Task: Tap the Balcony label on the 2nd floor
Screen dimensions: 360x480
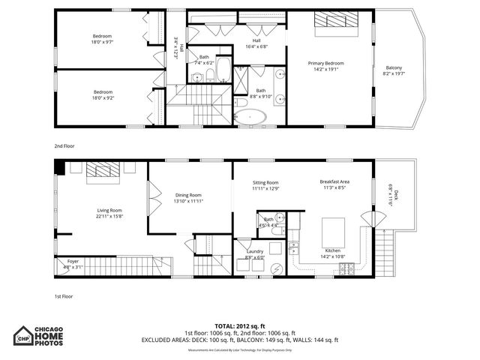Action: click(394, 67)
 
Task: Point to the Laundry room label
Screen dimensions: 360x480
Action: click(254, 252)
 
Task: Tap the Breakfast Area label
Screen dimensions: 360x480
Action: click(334, 182)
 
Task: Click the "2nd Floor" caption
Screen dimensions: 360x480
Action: click(64, 145)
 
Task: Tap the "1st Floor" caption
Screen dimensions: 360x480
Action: click(63, 296)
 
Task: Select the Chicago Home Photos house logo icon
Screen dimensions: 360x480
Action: click(25, 336)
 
